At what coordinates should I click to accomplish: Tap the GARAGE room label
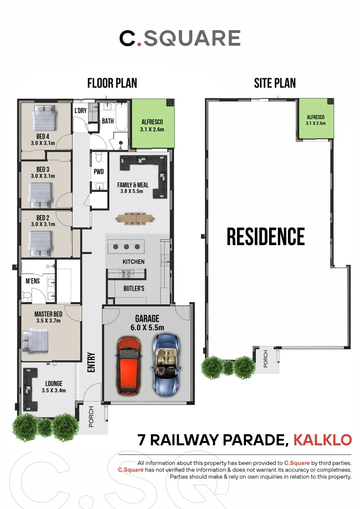[x=147, y=319]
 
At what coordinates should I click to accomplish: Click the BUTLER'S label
[x=134, y=288]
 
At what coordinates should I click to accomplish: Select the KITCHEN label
[x=133, y=262]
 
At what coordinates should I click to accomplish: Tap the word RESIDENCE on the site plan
[x=266, y=237]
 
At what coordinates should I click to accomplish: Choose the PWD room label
[x=98, y=172]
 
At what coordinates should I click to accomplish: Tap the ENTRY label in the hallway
[x=91, y=363]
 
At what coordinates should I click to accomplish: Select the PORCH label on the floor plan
[x=92, y=417]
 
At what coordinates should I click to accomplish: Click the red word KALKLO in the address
[x=322, y=440]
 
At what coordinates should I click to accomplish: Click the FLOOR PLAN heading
[x=112, y=83]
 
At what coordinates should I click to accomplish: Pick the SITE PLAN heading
[x=275, y=83]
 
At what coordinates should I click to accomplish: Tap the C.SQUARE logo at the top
[x=180, y=38]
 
